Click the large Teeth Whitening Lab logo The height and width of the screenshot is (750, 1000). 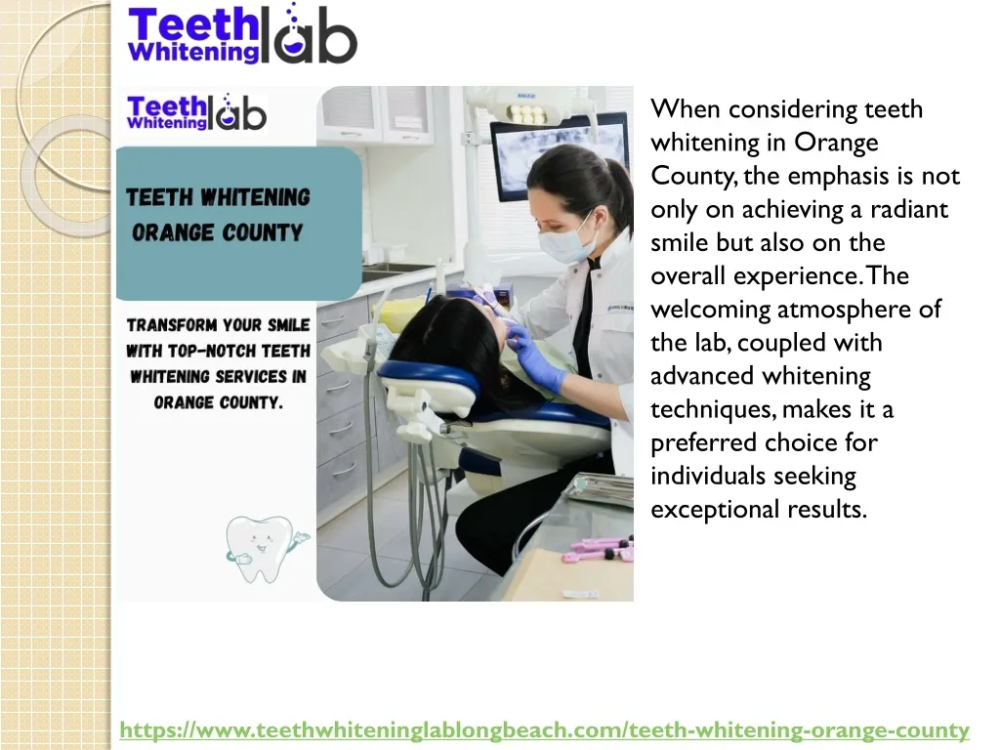point(242,36)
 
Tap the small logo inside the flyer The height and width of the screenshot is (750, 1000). point(196,112)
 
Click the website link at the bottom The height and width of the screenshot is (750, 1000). point(544,729)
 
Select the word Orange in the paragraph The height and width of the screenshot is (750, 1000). point(836,143)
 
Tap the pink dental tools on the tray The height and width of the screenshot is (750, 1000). point(601,548)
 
